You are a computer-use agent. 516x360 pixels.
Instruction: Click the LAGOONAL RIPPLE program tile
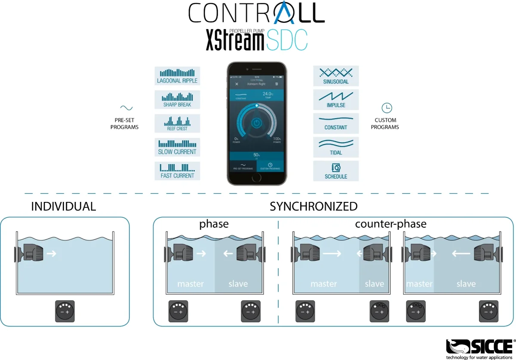pos(177,76)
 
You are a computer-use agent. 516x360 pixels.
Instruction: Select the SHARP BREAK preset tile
pos(177,100)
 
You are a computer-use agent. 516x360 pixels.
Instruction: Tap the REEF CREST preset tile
pos(177,123)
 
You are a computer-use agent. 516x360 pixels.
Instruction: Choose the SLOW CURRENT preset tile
pos(177,147)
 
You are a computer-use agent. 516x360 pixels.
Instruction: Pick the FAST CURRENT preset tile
pos(177,171)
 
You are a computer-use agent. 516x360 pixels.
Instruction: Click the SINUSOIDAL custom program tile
pos(336,76)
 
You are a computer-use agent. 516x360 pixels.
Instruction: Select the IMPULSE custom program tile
pos(336,100)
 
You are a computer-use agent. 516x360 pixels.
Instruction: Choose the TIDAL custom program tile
pos(336,147)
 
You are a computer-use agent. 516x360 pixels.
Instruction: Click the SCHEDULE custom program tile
pos(336,171)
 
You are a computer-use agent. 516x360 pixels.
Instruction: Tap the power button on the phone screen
pos(256,123)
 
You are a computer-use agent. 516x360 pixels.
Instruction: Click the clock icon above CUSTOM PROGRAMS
pos(387,108)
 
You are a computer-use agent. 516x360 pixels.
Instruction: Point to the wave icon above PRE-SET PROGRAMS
pos(126,108)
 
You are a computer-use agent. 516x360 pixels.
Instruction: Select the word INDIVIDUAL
pos(64,207)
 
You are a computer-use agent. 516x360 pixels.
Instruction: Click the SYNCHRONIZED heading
pos(313,207)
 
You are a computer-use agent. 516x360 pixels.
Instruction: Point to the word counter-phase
pos(390,224)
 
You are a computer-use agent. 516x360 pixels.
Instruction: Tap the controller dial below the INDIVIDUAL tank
pos(64,311)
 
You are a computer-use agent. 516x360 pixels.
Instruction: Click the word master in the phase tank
pos(190,284)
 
